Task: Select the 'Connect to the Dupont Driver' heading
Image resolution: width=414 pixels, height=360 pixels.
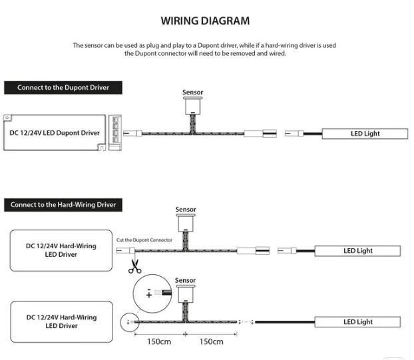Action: coord(63,87)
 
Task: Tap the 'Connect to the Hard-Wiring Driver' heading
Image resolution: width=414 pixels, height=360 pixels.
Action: coord(63,205)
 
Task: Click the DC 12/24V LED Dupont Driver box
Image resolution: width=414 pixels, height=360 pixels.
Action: coord(56,133)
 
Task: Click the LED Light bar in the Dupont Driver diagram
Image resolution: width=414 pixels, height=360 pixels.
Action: coord(365,134)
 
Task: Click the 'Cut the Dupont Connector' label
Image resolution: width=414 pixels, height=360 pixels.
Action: coord(144,240)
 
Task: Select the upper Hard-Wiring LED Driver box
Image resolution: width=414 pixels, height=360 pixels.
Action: coord(61,250)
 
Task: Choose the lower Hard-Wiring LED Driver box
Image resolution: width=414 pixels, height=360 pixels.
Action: coord(61,321)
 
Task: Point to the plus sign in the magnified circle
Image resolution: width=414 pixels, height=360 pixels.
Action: coord(148,295)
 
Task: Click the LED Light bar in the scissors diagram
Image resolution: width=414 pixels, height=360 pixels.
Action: coord(358,251)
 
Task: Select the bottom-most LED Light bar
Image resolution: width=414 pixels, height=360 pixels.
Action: coord(358,322)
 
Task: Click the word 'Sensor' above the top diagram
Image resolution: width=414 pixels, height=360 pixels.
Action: coord(193,92)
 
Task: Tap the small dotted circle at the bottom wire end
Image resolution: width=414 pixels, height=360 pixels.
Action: coord(126,323)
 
